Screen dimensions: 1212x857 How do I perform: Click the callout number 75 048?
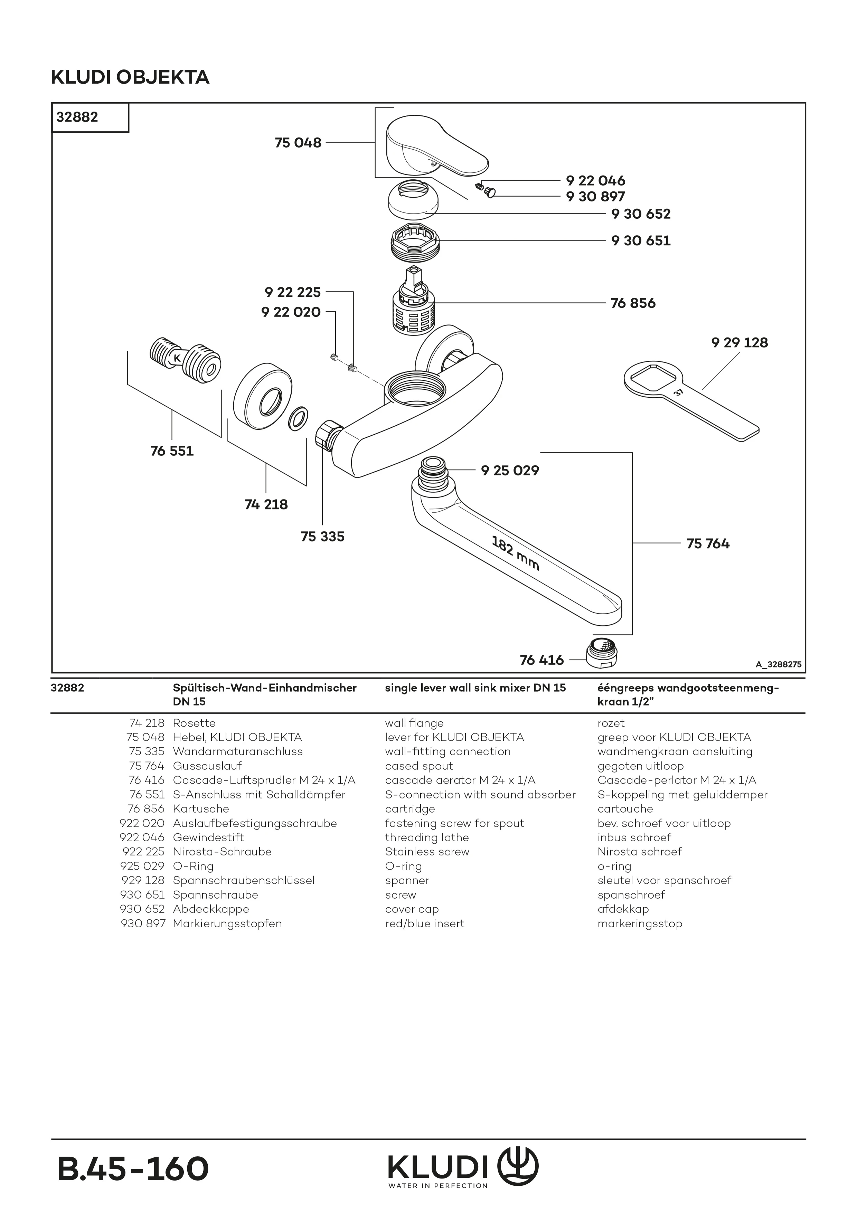pyautogui.click(x=298, y=143)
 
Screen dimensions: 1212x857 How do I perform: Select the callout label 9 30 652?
pyautogui.click(x=641, y=214)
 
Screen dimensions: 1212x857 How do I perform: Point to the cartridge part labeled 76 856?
pyautogui.click(x=415, y=309)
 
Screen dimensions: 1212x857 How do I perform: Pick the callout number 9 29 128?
pyautogui.click(x=739, y=343)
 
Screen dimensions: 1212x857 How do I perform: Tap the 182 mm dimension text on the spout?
pyautogui.click(x=515, y=553)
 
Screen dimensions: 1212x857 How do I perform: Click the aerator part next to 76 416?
pyautogui.click(x=602, y=652)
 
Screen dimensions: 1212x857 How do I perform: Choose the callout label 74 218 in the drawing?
pyautogui.click(x=266, y=505)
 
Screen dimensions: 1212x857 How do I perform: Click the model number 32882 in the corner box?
pyautogui.click(x=77, y=117)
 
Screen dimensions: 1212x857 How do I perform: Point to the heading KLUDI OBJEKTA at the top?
pyautogui.click(x=130, y=78)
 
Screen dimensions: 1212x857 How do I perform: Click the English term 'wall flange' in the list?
pyautogui.click(x=414, y=723)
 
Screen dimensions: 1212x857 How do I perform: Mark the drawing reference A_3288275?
pyautogui.click(x=778, y=665)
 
